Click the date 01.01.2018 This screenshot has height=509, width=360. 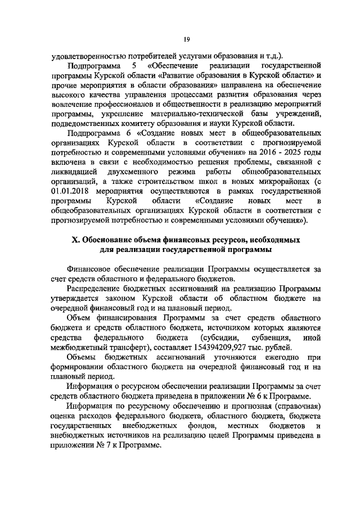(71, 191)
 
